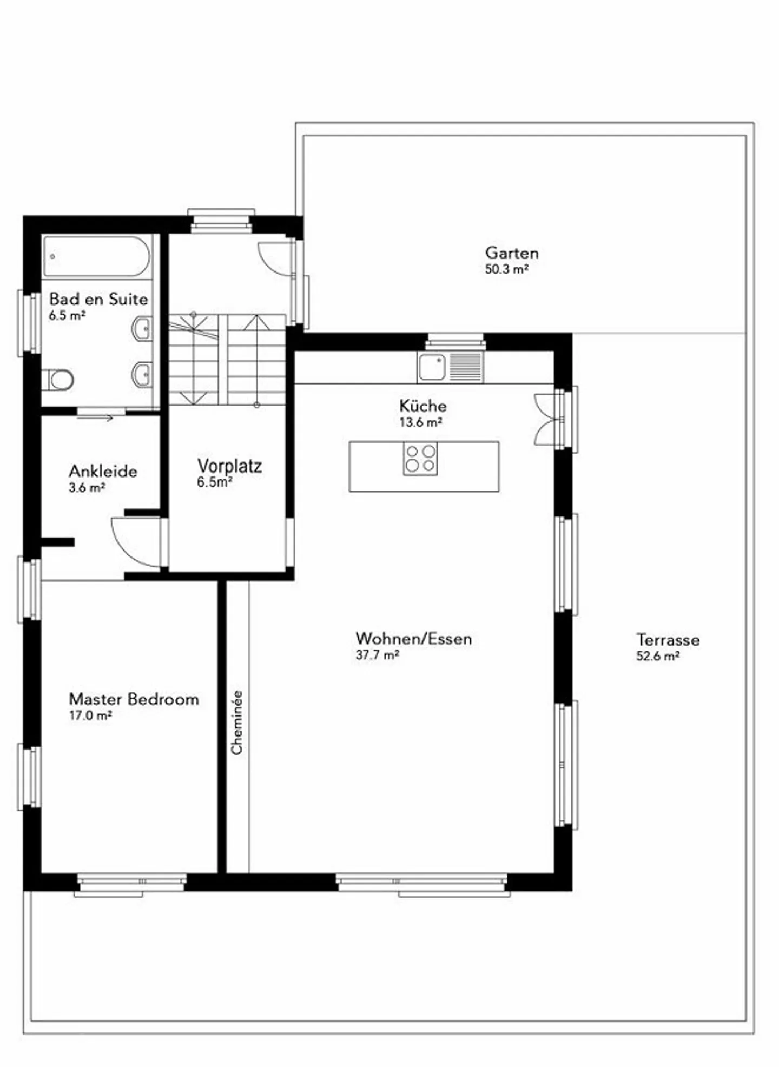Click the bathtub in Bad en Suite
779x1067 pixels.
coord(97,256)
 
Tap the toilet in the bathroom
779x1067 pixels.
coord(58,380)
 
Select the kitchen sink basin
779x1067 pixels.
coord(432,367)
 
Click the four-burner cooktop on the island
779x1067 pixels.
coord(420,459)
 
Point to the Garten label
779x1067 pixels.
coord(512,253)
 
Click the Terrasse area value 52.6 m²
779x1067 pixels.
coord(658,656)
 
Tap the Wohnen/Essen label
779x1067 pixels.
coord(414,639)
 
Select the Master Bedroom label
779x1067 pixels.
coord(134,699)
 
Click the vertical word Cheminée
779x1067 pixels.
coord(237,723)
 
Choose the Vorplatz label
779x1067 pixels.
coord(229,466)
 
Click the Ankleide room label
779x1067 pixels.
coord(103,471)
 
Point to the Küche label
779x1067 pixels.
coord(423,406)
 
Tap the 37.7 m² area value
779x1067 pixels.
coord(378,655)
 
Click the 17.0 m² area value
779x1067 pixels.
coord(90,715)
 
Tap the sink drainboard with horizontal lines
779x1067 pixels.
coord(465,367)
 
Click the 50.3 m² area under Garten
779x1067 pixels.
coord(506,269)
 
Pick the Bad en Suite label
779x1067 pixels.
coord(98,299)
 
